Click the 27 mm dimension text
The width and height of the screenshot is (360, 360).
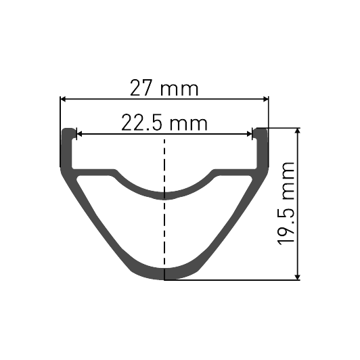pyautogui.click(x=165, y=88)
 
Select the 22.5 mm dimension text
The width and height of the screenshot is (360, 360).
pyautogui.click(x=164, y=123)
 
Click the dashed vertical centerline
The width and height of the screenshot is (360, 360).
pyautogui.click(x=165, y=203)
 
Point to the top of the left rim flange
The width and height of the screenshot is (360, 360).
pyautogui.click(x=68, y=129)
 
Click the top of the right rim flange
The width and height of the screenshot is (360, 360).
pyautogui.click(x=261, y=129)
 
